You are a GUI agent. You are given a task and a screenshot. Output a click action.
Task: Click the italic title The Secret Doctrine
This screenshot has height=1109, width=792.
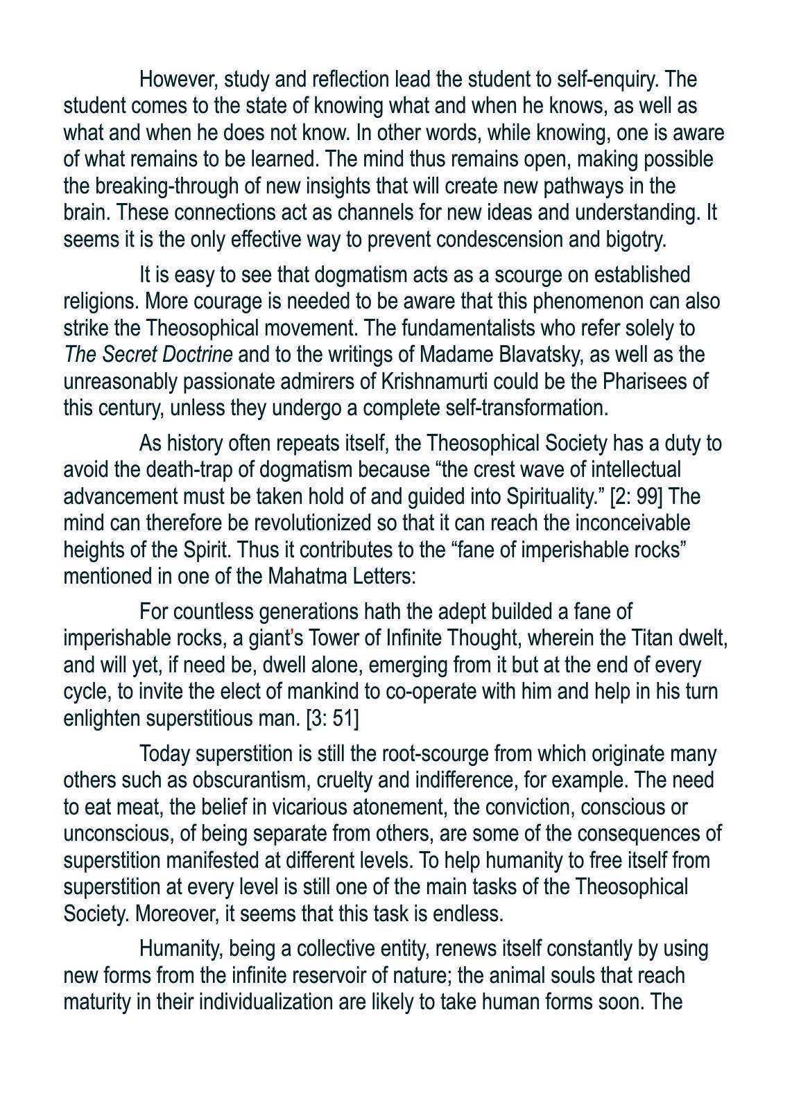[x=148, y=355]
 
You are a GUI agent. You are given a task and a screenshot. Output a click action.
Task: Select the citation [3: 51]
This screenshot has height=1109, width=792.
[x=332, y=719]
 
